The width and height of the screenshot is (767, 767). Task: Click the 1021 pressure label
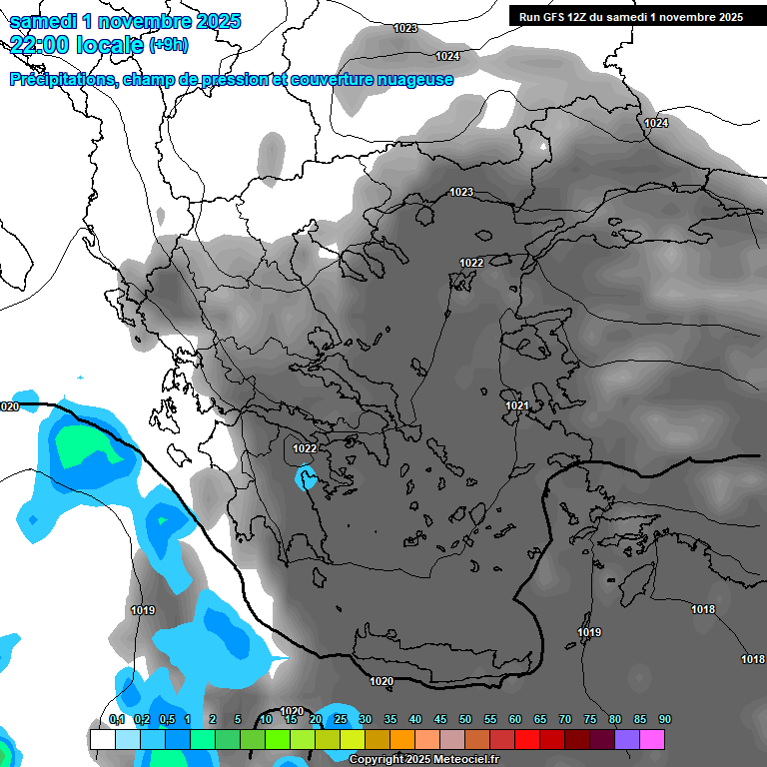tap(516, 405)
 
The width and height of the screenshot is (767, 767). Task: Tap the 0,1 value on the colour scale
tap(117, 720)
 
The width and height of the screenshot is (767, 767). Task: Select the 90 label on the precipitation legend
tap(665, 720)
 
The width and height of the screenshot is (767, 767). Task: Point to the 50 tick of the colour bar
tap(465, 720)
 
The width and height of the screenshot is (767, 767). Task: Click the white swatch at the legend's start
tap(102, 739)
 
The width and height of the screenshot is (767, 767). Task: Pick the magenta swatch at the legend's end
tap(652, 739)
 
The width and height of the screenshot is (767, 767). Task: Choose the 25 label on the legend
tap(341, 720)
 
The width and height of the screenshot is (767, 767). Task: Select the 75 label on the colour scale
tap(590, 720)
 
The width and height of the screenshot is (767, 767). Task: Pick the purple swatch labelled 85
tap(627, 739)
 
